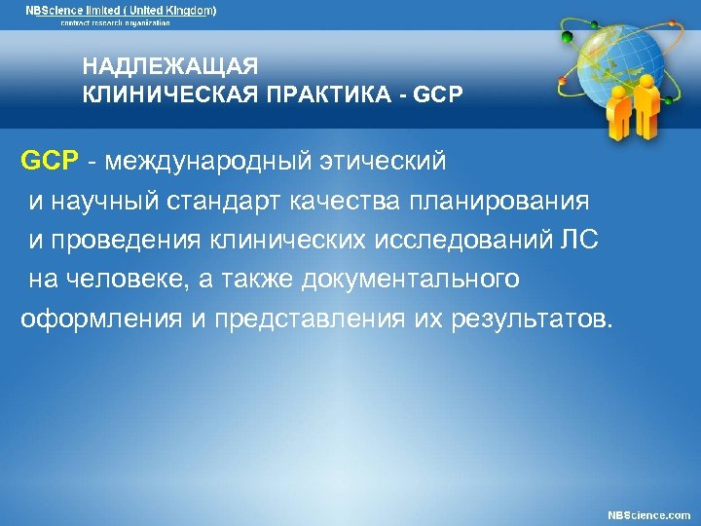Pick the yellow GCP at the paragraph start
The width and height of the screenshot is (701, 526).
pos(48,160)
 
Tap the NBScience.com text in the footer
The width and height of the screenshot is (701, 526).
pos(648,514)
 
